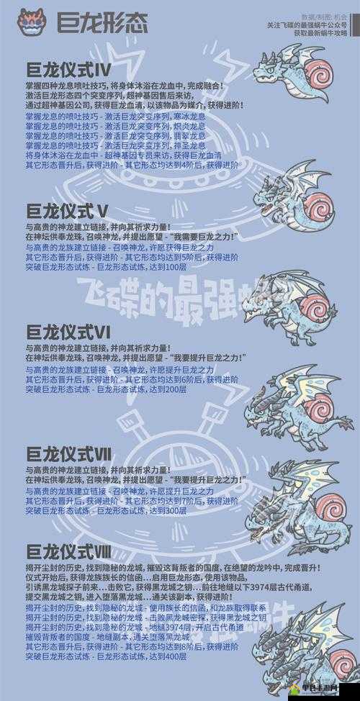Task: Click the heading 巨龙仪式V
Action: tap(67, 211)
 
